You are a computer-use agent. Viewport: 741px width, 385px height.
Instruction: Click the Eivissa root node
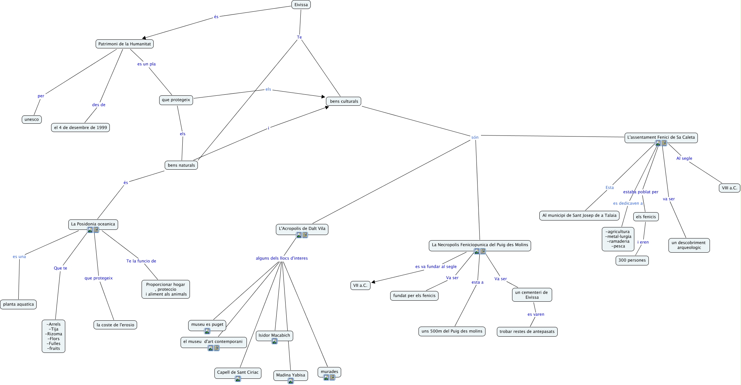click(301, 5)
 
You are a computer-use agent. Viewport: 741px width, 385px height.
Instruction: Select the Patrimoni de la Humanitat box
click(124, 44)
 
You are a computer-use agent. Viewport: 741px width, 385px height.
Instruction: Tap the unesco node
click(31, 120)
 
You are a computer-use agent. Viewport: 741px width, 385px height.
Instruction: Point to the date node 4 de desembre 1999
click(80, 128)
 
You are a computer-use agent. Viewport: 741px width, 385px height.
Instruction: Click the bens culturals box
click(344, 101)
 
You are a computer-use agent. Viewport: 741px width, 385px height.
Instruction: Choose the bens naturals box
click(181, 165)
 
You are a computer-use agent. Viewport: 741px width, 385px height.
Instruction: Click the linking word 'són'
click(475, 138)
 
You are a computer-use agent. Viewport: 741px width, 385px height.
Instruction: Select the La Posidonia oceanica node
click(93, 224)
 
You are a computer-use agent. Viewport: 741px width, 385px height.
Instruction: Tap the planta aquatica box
click(18, 304)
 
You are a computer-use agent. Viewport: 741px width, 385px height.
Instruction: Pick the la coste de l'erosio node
click(115, 325)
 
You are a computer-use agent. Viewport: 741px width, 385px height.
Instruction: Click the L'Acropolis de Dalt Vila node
click(302, 228)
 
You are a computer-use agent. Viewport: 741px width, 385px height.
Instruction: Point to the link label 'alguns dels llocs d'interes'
click(281, 258)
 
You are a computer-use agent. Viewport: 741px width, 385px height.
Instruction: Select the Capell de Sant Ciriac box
click(238, 372)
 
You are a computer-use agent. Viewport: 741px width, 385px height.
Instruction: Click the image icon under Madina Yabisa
click(291, 381)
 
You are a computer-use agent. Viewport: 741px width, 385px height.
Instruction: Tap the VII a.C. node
click(360, 285)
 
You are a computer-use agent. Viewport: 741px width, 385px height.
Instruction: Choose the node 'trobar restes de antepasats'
click(527, 331)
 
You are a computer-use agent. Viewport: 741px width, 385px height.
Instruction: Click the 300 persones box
click(632, 260)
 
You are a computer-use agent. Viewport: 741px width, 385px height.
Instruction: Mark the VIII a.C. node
click(729, 188)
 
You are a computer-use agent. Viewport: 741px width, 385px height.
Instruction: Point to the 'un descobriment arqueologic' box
click(689, 245)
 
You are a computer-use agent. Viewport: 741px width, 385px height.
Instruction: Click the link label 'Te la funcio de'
click(141, 261)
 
